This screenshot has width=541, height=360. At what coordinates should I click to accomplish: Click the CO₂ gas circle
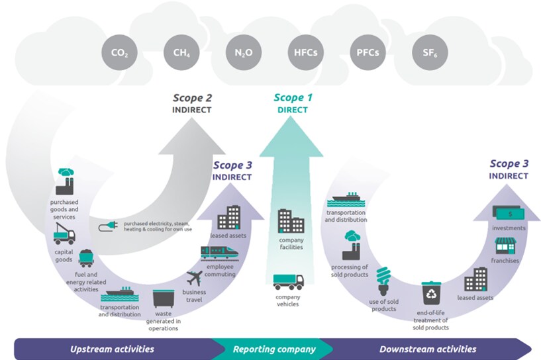tap(119, 52)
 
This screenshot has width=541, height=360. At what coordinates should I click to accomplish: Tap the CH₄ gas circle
tap(181, 52)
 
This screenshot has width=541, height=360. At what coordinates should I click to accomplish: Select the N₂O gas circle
tap(242, 52)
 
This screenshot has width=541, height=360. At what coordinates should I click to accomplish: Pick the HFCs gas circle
tap(304, 52)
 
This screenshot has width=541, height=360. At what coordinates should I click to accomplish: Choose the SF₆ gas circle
tap(428, 52)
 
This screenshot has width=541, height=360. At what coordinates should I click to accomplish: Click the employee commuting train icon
tap(217, 253)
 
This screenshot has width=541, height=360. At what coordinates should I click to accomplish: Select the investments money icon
tap(508, 214)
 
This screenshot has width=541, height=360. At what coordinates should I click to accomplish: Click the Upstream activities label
tap(112, 349)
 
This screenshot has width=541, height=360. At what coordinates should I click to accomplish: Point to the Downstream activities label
tap(427, 349)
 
